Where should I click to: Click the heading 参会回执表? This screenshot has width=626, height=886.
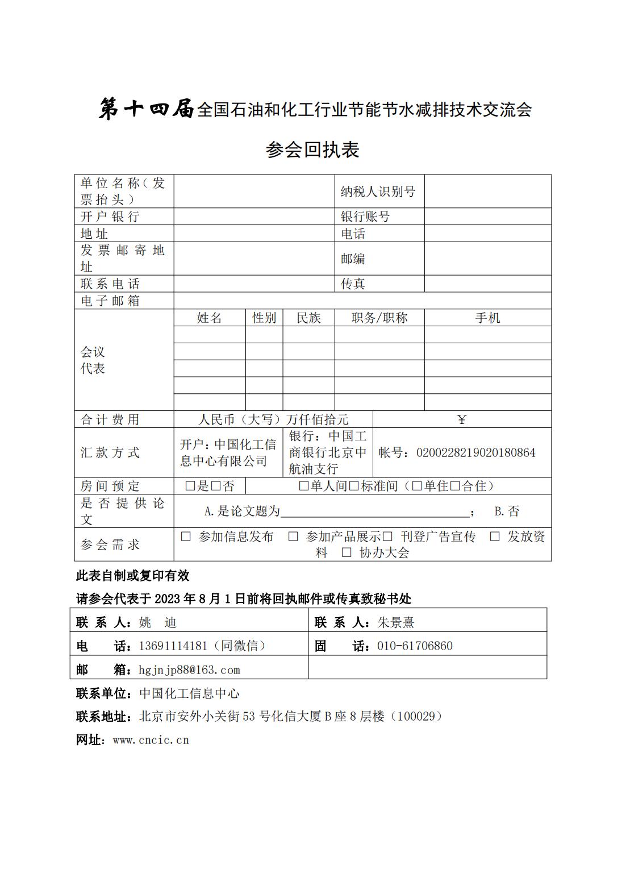pyautogui.click(x=312, y=150)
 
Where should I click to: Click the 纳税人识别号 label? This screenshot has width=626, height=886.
pyautogui.click(x=378, y=192)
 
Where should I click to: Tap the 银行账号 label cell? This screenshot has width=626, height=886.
pyautogui.click(x=365, y=217)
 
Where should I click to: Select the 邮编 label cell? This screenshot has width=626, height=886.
pyautogui.click(x=353, y=259)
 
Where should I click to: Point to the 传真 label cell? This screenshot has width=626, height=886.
pyautogui.click(x=353, y=284)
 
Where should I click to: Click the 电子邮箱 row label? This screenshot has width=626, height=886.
pyautogui.click(x=110, y=301)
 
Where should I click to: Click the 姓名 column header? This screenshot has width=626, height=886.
pyautogui.click(x=209, y=318)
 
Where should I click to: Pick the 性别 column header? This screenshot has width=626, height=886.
pyautogui.click(x=264, y=318)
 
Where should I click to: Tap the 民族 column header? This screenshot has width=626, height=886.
pyautogui.click(x=308, y=318)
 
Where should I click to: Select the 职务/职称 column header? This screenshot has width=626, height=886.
pyautogui.click(x=379, y=318)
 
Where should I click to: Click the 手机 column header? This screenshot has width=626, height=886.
pyautogui.click(x=487, y=318)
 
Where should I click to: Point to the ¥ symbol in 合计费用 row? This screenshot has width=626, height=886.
pyautogui.click(x=461, y=420)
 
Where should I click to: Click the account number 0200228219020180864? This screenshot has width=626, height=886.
pyautogui.click(x=475, y=453)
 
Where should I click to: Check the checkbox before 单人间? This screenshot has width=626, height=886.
pyautogui.click(x=304, y=486)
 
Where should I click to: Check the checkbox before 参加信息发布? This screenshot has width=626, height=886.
pyautogui.click(x=186, y=536)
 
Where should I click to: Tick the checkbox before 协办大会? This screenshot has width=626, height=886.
pyautogui.click(x=347, y=552)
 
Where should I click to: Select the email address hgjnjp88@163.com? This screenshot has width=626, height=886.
pyautogui.click(x=189, y=670)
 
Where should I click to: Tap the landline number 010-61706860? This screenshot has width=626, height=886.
pyautogui.click(x=415, y=646)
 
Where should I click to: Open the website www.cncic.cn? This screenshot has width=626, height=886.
pyautogui.click(x=151, y=741)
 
